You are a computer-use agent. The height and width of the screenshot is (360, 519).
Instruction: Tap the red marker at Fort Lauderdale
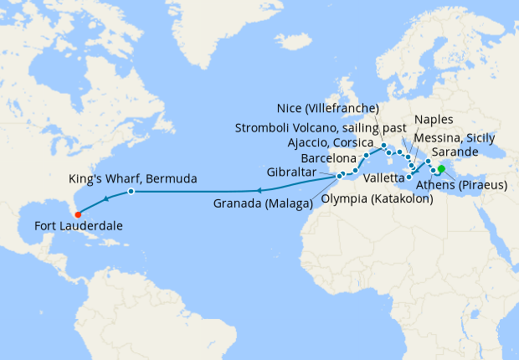click(78, 213)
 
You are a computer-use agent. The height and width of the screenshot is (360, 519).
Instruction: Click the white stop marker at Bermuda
click(131, 192)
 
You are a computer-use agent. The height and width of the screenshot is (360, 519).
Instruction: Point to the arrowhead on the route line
click(106, 199)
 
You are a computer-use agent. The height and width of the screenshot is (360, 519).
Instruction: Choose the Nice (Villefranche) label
click(328, 108)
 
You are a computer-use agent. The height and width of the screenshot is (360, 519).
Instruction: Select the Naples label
click(434, 120)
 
